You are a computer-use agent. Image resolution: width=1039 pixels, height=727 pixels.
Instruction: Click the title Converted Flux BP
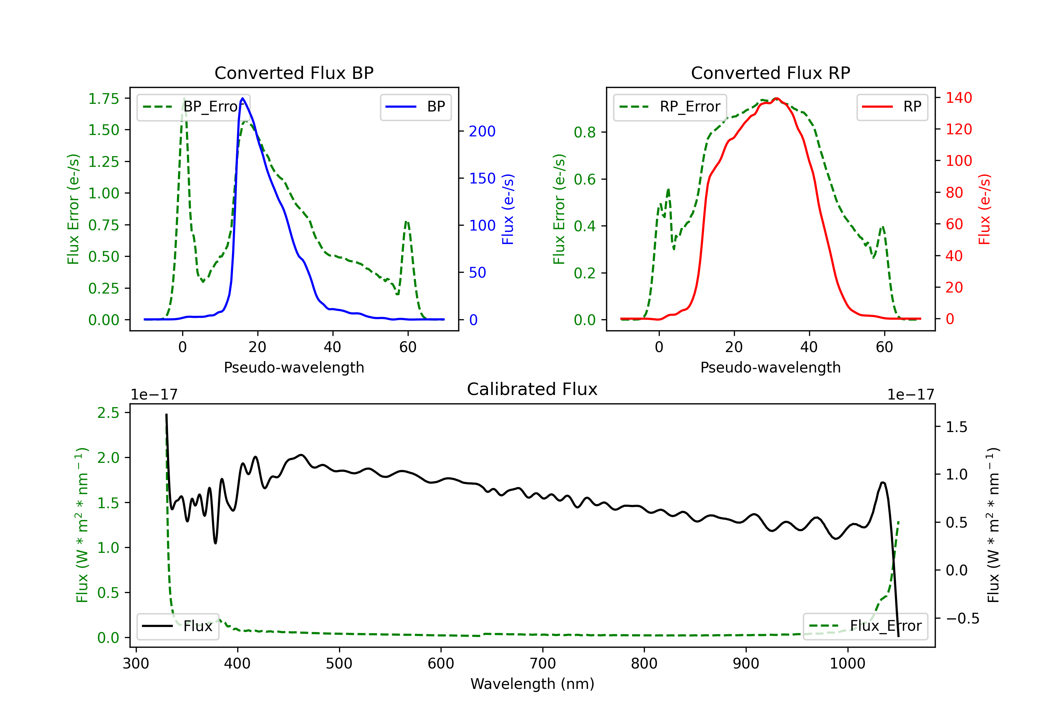click(294, 73)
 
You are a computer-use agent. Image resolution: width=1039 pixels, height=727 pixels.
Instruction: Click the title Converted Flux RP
click(770, 73)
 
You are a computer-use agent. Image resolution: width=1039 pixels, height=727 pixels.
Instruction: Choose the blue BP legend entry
click(415, 107)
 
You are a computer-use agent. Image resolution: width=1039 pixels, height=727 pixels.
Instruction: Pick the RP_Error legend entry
click(670, 107)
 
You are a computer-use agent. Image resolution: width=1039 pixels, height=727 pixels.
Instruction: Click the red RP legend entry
click(892, 107)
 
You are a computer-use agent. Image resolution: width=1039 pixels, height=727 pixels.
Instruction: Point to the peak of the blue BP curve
click(242, 98)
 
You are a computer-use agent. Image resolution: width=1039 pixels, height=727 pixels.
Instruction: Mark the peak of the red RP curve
click(776, 98)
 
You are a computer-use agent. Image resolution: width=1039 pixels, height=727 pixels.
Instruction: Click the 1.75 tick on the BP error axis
click(103, 99)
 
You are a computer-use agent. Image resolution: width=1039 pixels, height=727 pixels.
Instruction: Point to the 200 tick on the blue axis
click(482, 131)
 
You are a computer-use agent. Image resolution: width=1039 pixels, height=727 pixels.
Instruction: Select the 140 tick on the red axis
click(959, 98)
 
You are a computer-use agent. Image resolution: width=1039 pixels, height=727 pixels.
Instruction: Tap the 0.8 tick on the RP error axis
click(584, 132)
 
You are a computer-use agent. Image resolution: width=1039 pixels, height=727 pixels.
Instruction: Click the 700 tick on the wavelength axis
click(543, 663)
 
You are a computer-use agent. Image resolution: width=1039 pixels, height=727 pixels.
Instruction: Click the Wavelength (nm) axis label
click(532, 684)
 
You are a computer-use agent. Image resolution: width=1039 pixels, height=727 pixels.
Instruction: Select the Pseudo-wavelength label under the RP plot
click(770, 367)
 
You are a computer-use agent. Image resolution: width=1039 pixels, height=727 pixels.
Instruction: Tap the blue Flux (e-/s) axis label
click(508, 209)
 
